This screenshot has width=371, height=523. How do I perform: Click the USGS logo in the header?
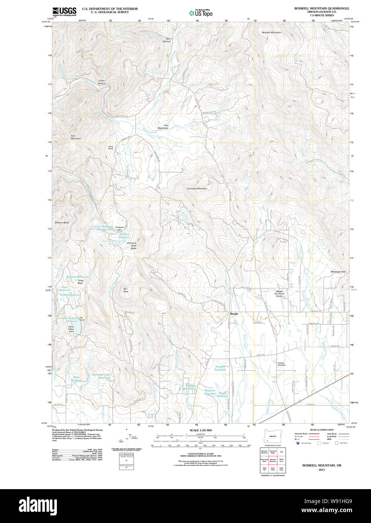pos(64,11)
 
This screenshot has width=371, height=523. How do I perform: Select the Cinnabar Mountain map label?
pos(197,189)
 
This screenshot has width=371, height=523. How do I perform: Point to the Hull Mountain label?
pos(76,137)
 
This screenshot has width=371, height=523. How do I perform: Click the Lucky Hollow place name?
pos(102,82)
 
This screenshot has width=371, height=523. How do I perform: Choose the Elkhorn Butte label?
pos(62,223)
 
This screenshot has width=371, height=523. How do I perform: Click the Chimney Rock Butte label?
pos(132,246)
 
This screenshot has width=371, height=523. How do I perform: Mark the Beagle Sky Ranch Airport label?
pos(279,293)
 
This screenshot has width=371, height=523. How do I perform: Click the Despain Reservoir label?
pos(220,368)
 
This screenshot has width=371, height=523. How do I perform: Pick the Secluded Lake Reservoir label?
pos(101,376)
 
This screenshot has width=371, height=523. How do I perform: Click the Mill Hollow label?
pos(166,40)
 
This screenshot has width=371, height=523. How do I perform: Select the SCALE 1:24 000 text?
pos(201,430)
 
